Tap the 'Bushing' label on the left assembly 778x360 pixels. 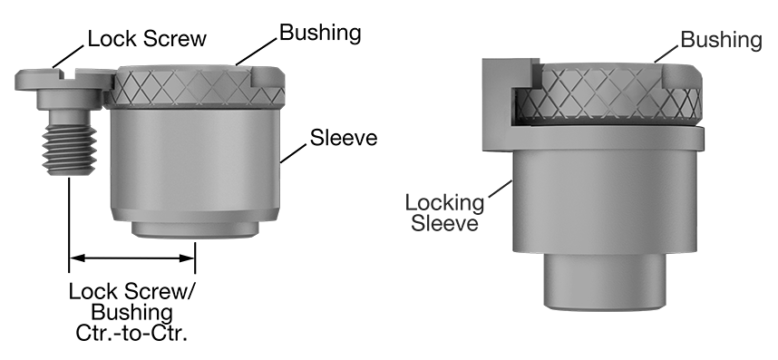pos(320,34)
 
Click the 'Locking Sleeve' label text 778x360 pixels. pos(442,211)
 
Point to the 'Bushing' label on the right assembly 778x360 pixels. pos(721,39)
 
